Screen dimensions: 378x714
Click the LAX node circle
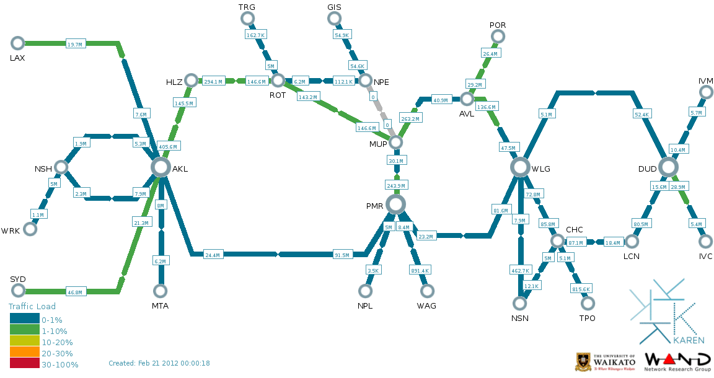(x=17, y=43)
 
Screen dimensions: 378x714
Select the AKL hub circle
(x=161, y=167)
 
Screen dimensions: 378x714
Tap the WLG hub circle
(x=521, y=167)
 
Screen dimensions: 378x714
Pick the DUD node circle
(x=668, y=167)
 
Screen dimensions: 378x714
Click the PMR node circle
(x=395, y=204)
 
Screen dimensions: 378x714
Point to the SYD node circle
(x=17, y=291)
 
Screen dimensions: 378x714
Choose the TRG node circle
(x=247, y=18)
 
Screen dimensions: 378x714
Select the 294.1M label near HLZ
(x=213, y=81)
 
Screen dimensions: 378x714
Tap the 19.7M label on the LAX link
(x=74, y=45)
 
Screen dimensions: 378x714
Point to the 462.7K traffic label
(x=520, y=271)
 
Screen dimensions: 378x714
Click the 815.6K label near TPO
(x=581, y=289)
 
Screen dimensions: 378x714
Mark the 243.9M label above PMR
(x=395, y=185)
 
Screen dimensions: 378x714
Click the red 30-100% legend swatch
(x=24, y=364)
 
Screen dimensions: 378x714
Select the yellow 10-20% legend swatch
(x=24, y=341)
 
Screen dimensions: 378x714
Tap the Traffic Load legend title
(x=32, y=306)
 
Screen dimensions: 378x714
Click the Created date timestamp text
(x=159, y=363)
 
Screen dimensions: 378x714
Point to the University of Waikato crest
(x=583, y=362)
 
